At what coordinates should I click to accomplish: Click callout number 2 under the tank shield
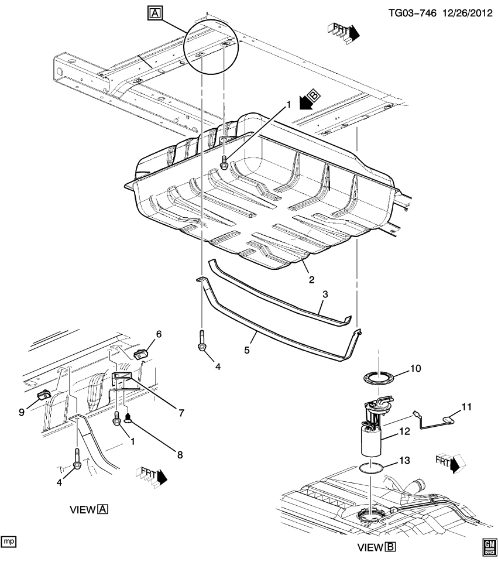[x=312, y=279]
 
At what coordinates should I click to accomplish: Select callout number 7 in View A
[x=181, y=413]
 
